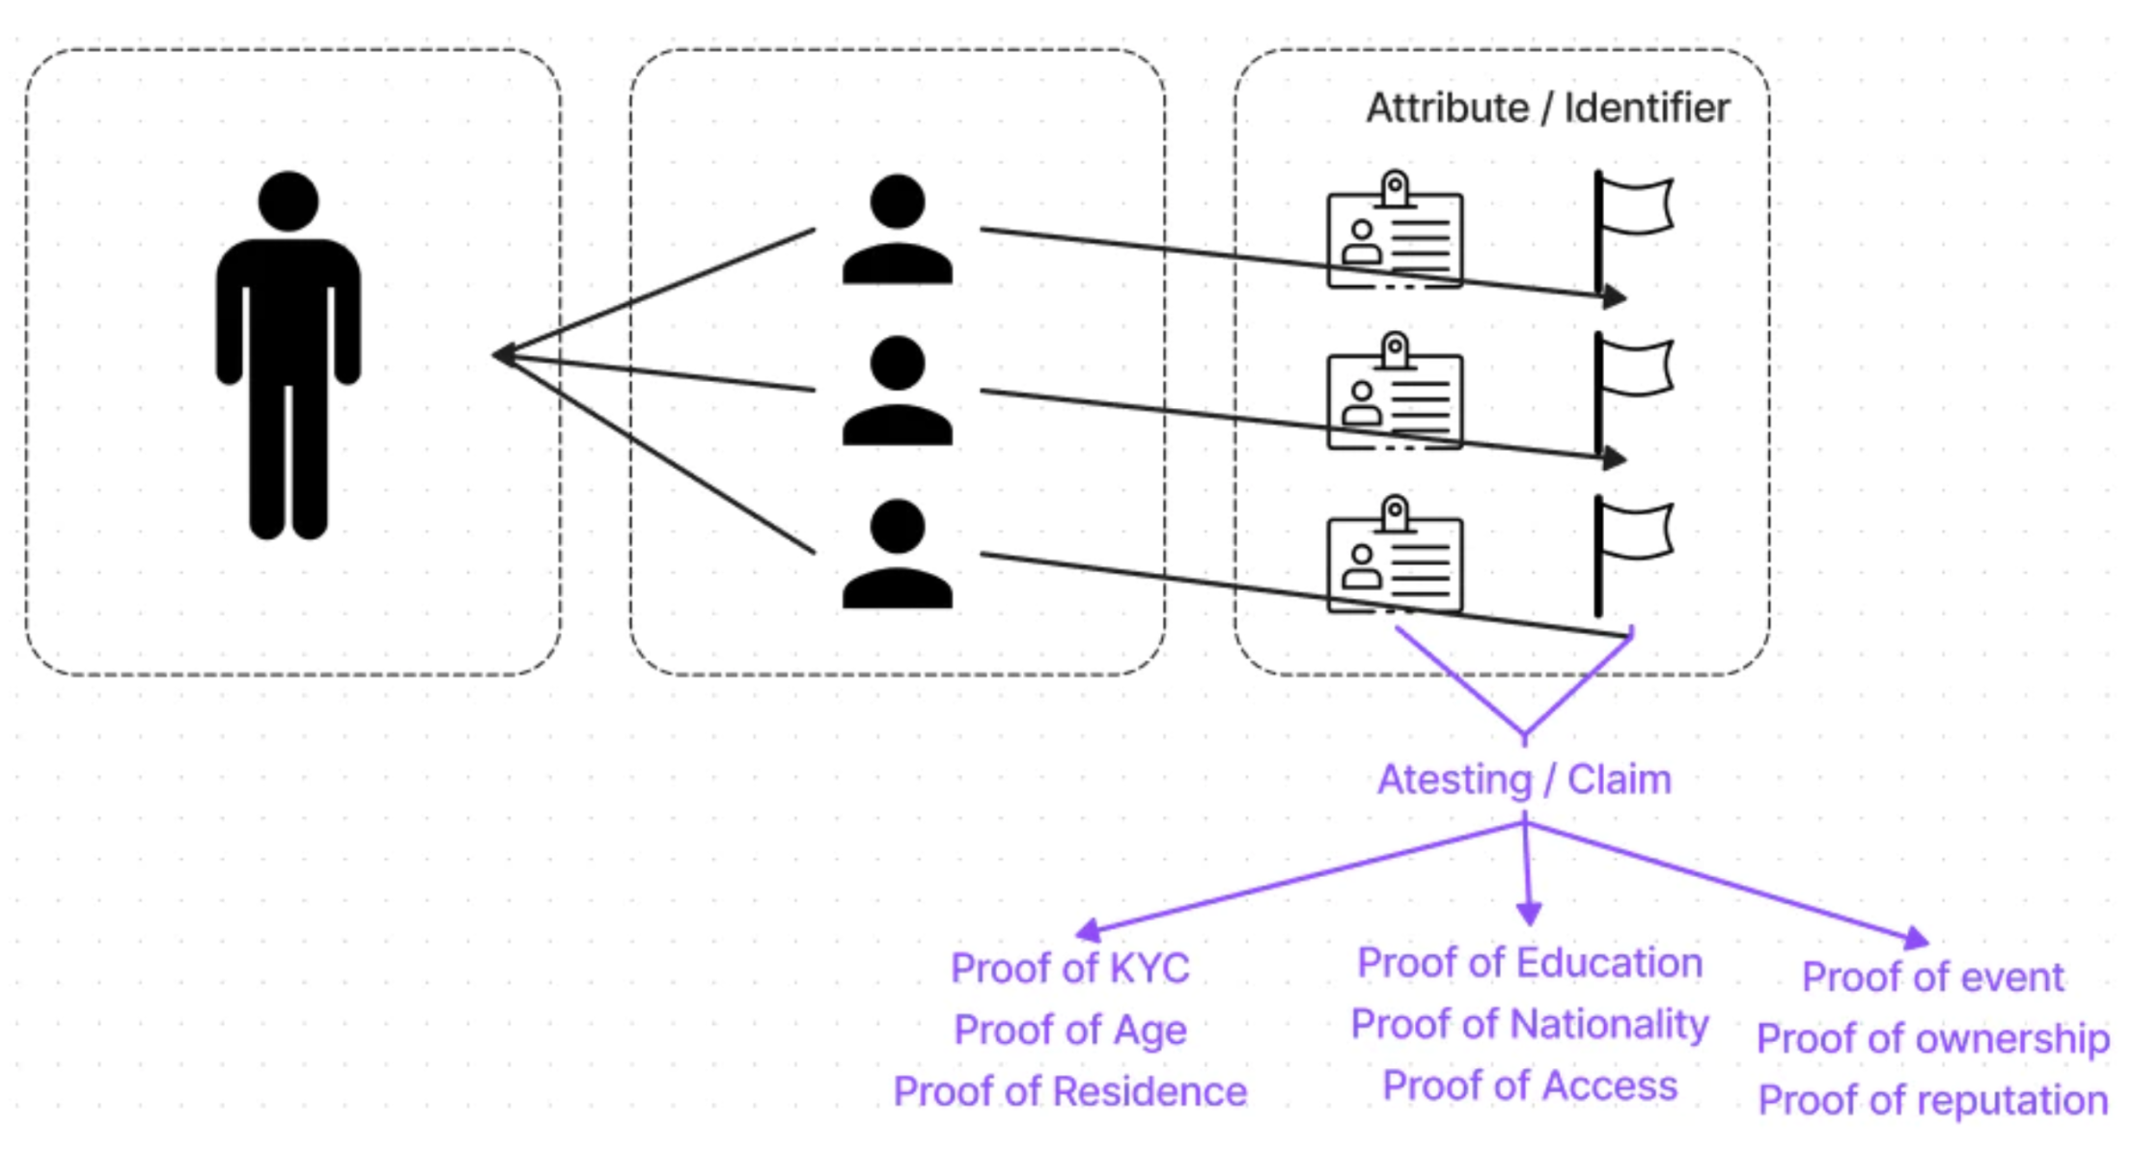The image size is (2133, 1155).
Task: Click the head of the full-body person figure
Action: [288, 202]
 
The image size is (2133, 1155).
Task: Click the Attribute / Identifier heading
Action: [1547, 108]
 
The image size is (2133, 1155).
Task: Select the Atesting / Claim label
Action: [1524, 780]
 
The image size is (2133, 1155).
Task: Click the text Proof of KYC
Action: [1069, 968]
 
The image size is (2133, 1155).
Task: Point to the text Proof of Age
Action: [1069, 1030]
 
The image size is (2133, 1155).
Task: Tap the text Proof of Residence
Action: [1069, 1091]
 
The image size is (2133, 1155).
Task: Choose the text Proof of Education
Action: [1529, 962]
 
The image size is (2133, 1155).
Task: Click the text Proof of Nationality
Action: [1529, 1024]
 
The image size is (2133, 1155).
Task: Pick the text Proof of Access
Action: [1529, 1086]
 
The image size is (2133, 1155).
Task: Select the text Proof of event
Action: [1932, 976]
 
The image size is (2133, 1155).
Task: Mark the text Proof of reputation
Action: [1932, 1100]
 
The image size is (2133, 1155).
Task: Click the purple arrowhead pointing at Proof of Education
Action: [1529, 913]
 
